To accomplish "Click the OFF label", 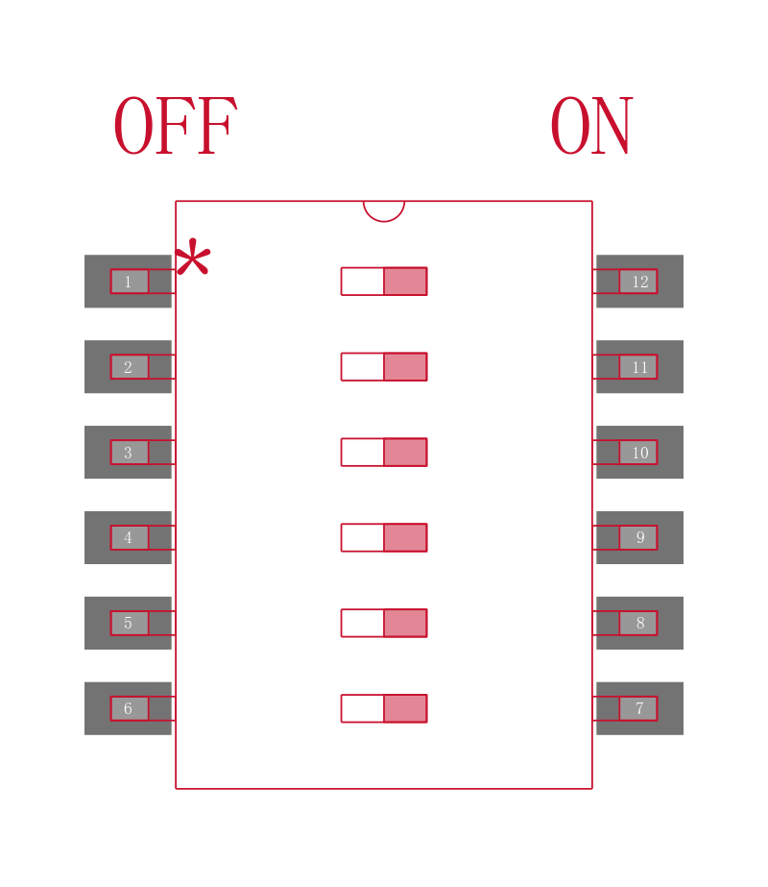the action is point(175,126).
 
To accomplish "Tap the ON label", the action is point(591,126).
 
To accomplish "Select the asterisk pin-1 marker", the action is point(193,258).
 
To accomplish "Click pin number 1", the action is point(128,282).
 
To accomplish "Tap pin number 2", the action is point(128,367).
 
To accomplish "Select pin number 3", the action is point(128,453).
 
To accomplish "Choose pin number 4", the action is point(128,537).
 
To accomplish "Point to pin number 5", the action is point(128,623).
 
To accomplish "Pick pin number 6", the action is point(128,708).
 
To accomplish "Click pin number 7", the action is point(639,708).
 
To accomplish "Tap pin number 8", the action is point(639,623).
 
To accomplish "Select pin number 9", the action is point(639,537).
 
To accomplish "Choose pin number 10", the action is point(639,453).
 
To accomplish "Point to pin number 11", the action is point(639,367).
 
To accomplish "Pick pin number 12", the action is point(639,282).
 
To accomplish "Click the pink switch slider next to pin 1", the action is point(405,282).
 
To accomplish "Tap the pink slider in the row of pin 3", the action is point(405,452).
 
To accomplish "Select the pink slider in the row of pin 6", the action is point(405,708).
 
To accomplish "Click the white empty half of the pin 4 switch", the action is point(362,537).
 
